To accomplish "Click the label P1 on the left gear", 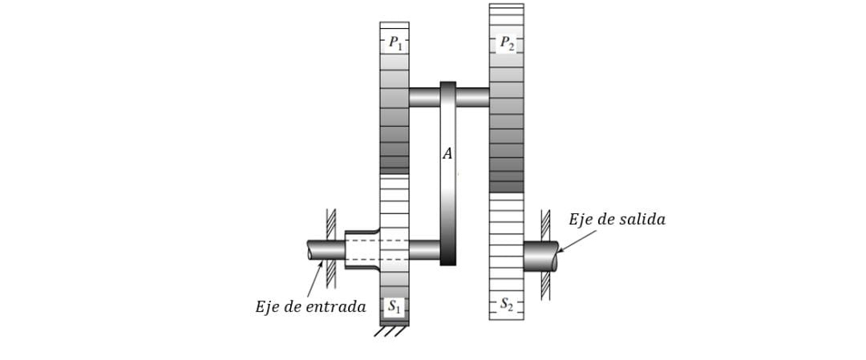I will pos(395,42).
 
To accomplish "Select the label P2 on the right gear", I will pos(507,42).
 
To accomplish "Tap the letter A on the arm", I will pos(447,154).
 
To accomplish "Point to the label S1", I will pos(395,305).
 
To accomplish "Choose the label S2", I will pos(507,304).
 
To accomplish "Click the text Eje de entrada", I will pos(310,307).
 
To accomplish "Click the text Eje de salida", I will pos(617,220).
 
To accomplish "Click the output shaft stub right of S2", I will pos(540,256).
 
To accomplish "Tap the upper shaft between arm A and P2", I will pos(472,97).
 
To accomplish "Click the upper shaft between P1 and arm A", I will pos(424,97).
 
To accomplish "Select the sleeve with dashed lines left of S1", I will pos(362,249).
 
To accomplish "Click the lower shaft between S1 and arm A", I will pos(424,249).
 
